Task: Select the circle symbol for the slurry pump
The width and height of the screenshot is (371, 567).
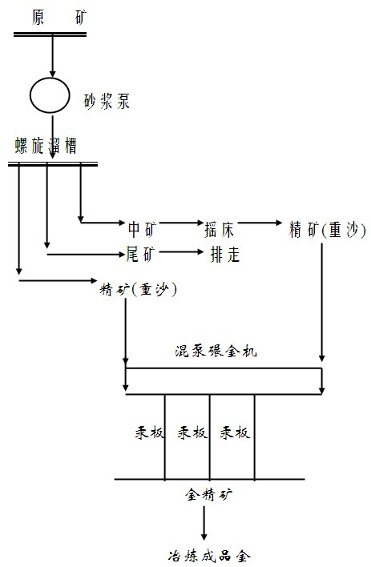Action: click(x=51, y=94)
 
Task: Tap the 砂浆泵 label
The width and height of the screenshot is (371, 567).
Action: click(x=106, y=102)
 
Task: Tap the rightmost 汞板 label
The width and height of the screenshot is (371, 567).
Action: click(x=236, y=433)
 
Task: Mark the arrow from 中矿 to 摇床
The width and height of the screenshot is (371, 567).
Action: click(x=179, y=224)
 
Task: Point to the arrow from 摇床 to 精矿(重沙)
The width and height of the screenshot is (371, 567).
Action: click(x=256, y=223)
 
